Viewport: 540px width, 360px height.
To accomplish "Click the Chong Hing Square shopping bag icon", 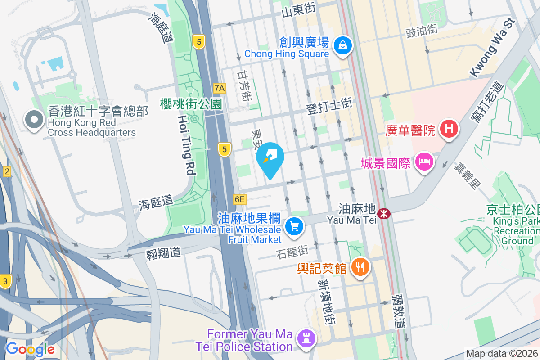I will click(x=343, y=45).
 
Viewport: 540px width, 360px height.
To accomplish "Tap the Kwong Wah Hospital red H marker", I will click(x=449, y=129).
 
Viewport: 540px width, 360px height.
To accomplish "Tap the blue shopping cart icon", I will click(x=295, y=226).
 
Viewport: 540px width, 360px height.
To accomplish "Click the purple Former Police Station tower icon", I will click(x=306, y=340).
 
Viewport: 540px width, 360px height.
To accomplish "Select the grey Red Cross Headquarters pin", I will click(x=34, y=120).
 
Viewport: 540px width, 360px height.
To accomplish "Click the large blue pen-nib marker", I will click(x=270, y=158).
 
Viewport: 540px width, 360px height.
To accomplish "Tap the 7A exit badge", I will click(x=220, y=88).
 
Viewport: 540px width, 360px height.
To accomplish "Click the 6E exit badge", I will click(x=239, y=199).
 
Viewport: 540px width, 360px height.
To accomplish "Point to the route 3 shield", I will click(x=5, y=281).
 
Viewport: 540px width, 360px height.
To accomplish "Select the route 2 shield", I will click(x=7, y=171).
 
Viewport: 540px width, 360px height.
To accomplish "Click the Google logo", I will click(x=30, y=349).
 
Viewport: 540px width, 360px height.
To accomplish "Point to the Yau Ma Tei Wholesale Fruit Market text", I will click(x=232, y=229).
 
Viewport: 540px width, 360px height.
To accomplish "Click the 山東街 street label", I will click(x=298, y=9).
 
